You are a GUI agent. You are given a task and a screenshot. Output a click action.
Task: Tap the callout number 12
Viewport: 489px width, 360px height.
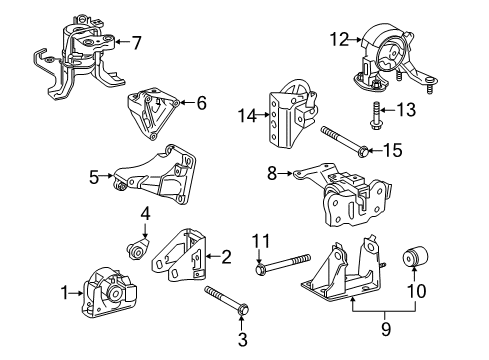(x=341, y=39)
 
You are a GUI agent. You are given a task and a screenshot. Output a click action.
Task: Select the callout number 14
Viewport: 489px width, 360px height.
(x=246, y=117)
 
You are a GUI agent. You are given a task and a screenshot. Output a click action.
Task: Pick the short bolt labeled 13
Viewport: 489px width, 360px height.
(x=375, y=115)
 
